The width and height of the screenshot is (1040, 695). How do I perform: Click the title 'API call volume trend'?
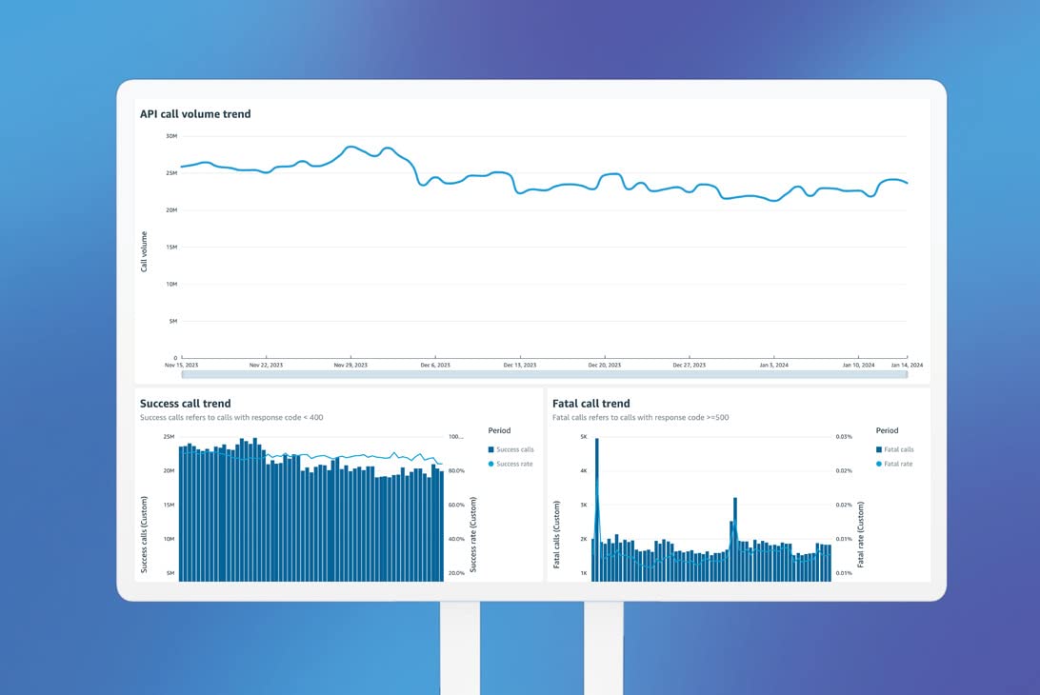click(x=195, y=114)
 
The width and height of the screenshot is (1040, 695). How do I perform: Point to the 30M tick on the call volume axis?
click(x=171, y=136)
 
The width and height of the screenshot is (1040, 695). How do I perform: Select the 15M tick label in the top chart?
click(x=171, y=248)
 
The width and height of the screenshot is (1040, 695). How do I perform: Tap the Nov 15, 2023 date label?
click(x=181, y=366)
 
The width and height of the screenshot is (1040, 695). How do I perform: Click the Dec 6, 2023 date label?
click(x=434, y=366)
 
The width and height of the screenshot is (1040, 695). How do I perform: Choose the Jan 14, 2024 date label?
click(x=907, y=366)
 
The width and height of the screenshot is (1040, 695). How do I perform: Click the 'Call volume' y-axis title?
click(x=145, y=251)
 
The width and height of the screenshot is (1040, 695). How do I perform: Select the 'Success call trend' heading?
click(x=185, y=404)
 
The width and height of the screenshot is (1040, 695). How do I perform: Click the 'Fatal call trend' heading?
click(x=590, y=404)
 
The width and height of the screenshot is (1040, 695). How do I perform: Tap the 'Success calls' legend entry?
click(x=515, y=449)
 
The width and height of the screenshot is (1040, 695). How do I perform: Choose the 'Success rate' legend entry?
click(x=514, y=464)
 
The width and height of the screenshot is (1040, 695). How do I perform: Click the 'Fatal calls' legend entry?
click(x=899, y=449)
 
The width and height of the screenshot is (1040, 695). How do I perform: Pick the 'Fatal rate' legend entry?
click(x=898, y=464)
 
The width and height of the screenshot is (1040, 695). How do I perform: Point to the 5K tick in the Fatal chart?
click(x=584, y=437)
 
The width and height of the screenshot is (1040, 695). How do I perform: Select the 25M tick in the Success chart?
click(x=169, y=437)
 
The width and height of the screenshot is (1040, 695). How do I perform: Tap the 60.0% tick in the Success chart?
click(x=456, y=505)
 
